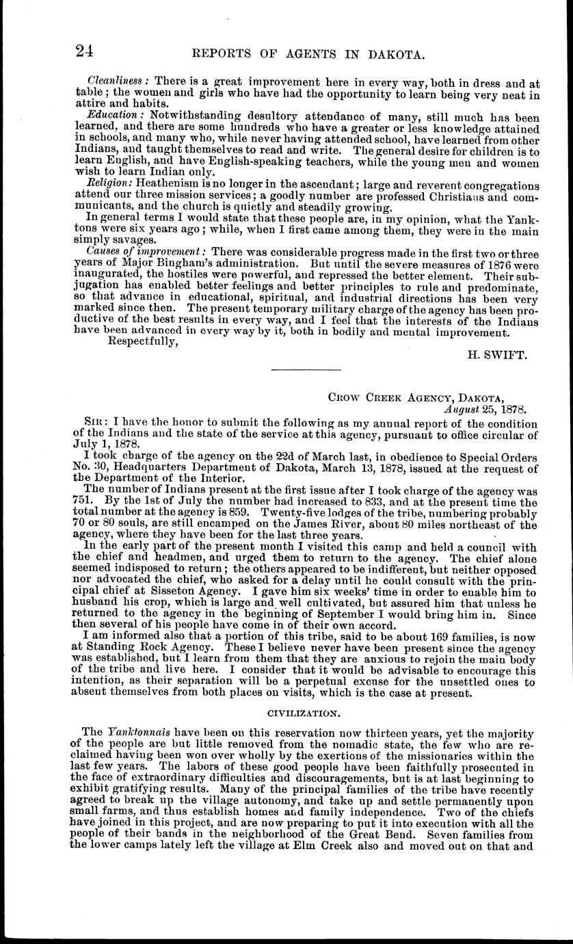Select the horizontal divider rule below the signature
tap(306, 371)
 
